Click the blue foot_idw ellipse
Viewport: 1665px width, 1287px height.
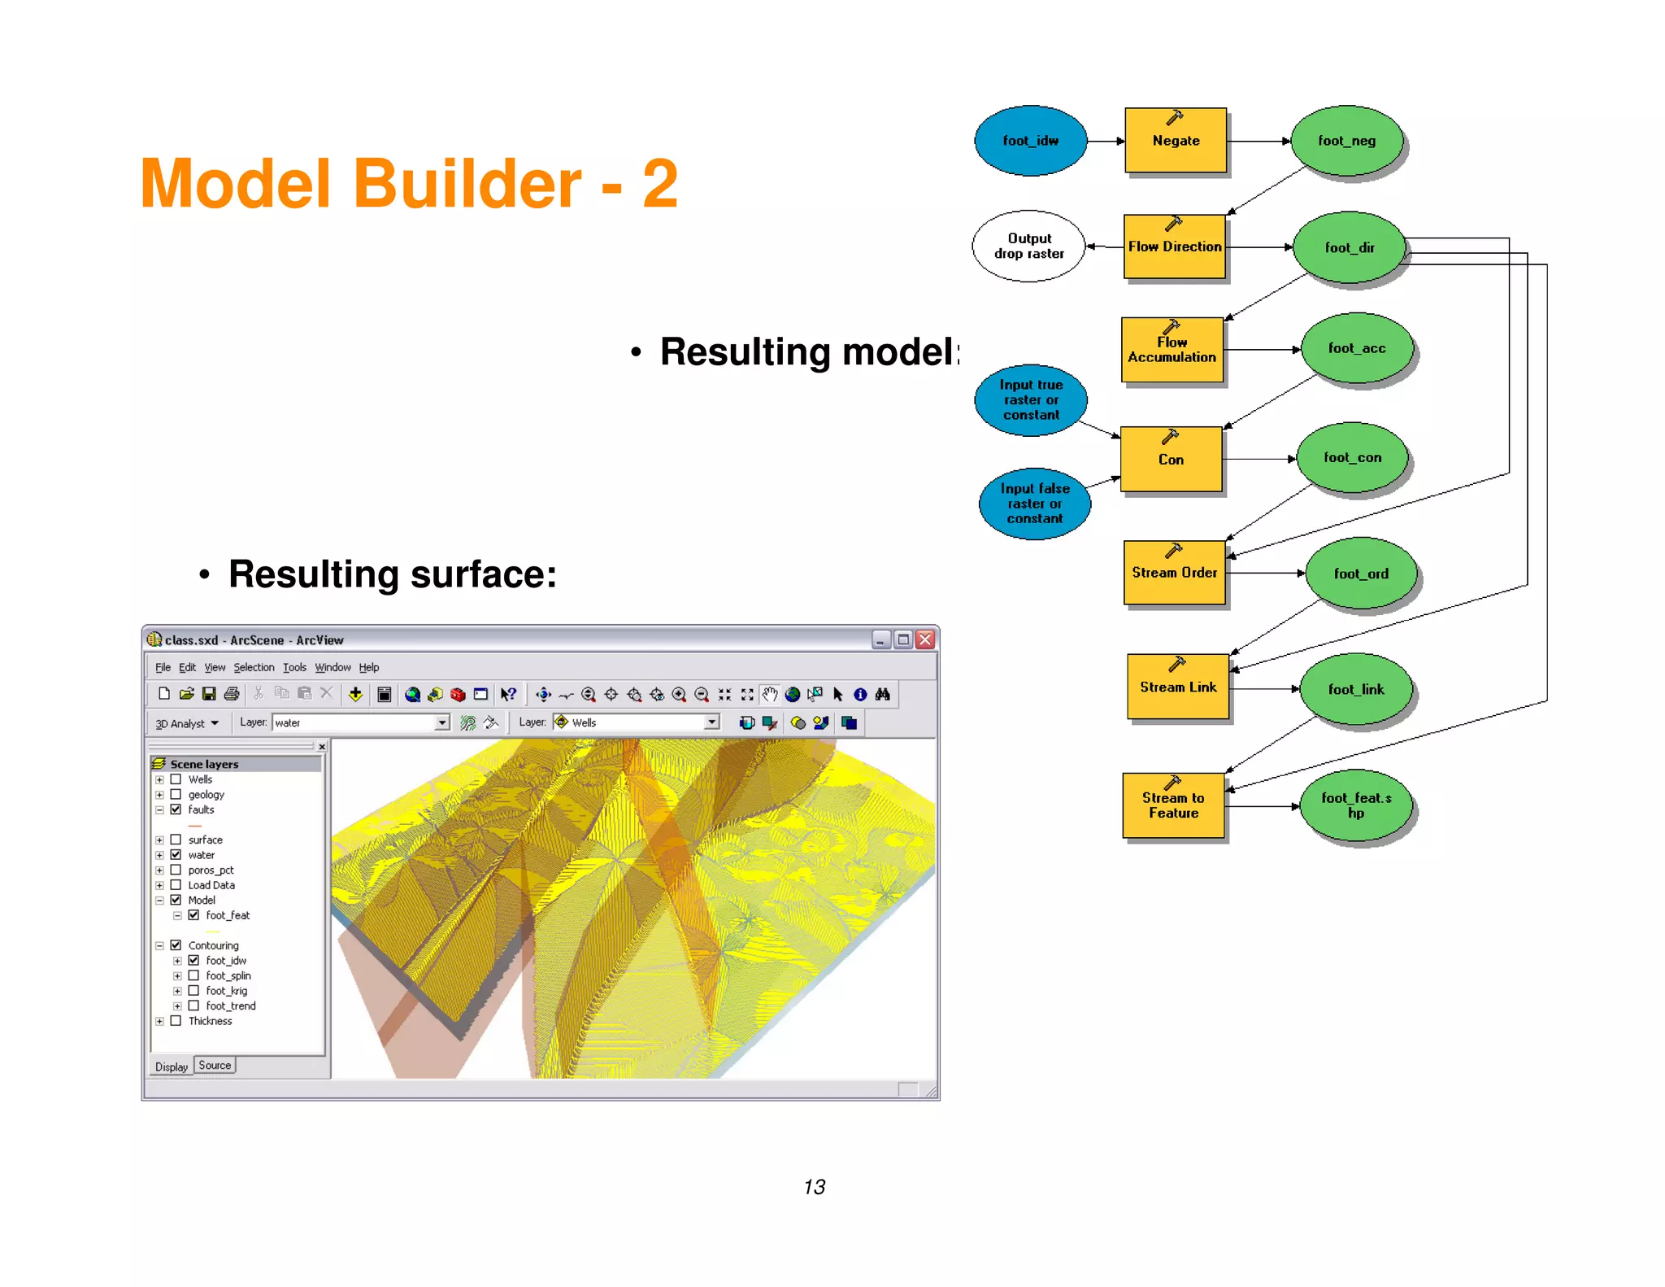(1030, 141)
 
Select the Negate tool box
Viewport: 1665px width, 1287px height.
(1175, 141)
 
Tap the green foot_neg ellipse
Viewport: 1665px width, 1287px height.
(1346, 141)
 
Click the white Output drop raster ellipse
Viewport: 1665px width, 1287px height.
(1028, 246)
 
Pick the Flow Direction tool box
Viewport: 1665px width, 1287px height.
(1174, 247)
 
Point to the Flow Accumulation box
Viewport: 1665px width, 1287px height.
(1172, 351)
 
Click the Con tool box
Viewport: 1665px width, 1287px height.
(1171, 460)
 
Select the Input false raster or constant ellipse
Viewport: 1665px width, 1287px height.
(1034, 504)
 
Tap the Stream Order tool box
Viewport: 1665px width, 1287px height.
(1174, 573)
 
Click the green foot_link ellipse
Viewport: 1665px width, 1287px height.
(1355, 689)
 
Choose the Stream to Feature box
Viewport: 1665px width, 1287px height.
(1173, 805)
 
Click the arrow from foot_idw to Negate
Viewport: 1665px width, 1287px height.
(1106, 142)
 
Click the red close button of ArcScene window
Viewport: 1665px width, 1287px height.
(925, 640)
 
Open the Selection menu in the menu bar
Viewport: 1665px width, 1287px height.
(254, 668)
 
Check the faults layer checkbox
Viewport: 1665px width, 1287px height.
(176, 809)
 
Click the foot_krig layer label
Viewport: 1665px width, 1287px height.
(226, 991)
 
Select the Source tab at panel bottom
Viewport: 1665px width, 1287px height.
(215, 1066)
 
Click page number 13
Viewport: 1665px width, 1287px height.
(814, 1187)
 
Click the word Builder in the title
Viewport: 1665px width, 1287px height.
(467, 184)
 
